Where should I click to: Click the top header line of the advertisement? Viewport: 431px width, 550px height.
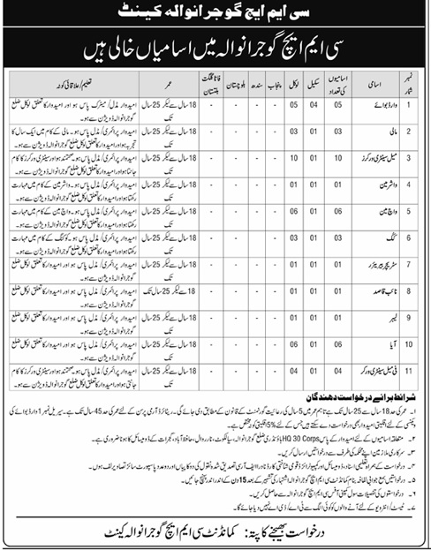[x=216, y=16]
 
